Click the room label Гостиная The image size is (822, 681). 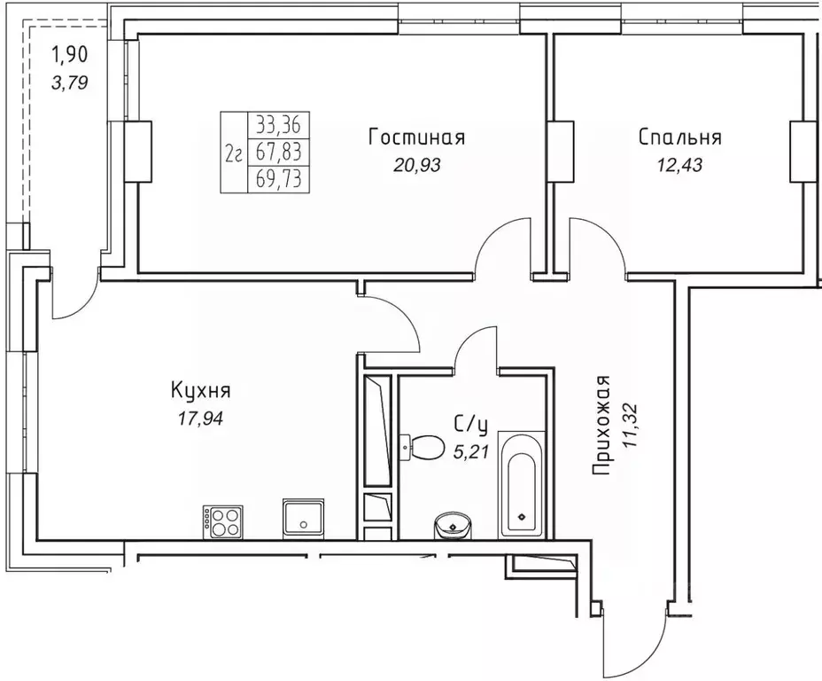(x=416, y=137)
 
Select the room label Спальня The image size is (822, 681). (x=679, y=137)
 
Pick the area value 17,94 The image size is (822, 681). (x=200, y=417)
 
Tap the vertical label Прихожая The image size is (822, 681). (x=602, y=427)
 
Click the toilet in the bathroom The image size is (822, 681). (x=423, y=446)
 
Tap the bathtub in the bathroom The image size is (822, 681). (x=522, y=483)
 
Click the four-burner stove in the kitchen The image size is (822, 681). (x=222, y=521)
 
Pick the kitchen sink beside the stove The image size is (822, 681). (x=304, y=517)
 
